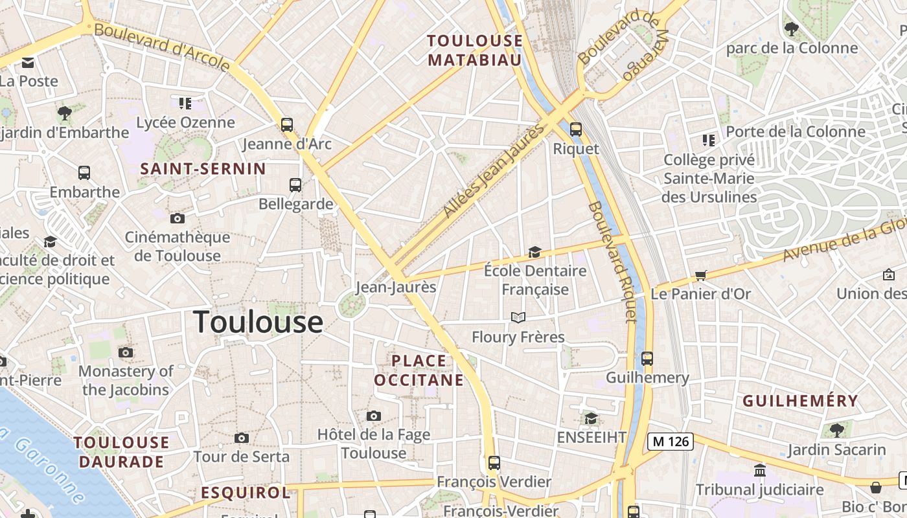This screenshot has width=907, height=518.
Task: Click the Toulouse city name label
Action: pos(258,322)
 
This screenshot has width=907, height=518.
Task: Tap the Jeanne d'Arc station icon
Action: pos(287,125)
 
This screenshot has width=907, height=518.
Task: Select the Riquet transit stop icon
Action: pos(575,129)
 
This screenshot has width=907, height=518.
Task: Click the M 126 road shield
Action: pos(671,442)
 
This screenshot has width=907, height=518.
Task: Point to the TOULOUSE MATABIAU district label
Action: pos(475,51)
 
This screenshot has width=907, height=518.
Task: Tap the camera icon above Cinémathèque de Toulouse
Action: pos(177,219)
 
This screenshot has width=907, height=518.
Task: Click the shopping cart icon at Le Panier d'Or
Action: pos(700,276)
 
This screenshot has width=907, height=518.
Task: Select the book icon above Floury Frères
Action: pos(518,317)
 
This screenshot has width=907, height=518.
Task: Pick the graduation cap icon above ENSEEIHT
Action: pos(591,419)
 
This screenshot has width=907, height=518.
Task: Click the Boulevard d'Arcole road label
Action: pos(162,47)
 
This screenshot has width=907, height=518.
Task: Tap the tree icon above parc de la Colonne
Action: pos(791,28)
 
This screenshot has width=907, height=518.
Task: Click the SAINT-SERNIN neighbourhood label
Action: pos(203,169)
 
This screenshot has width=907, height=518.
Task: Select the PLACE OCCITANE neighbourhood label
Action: pos(419,370)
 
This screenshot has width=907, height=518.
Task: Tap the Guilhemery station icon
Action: pos(647,359)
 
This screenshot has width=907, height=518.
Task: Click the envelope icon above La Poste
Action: pos(28,63)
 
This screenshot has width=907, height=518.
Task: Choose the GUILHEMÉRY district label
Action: pos(800,401)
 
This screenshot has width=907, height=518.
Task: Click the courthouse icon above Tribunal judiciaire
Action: pos(760,470)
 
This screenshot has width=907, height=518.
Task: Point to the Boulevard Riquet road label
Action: pos(612,261)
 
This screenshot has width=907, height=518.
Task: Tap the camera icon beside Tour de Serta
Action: pos(242,438)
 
